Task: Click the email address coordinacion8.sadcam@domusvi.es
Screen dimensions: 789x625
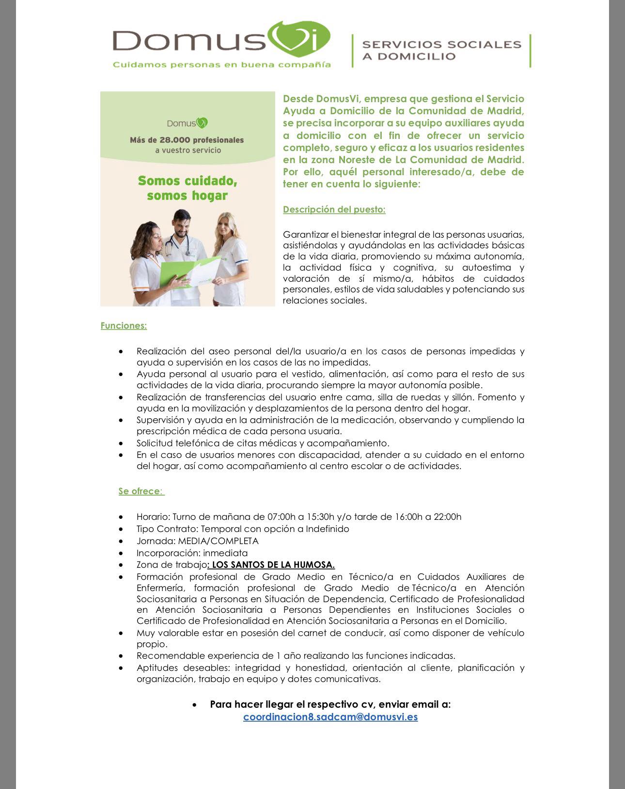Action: pos(330,717)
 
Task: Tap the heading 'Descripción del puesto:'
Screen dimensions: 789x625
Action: pos(334,210)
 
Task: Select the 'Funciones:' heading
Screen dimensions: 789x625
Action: pos(124,326)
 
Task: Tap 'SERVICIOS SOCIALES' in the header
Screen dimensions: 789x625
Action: pos(441,45)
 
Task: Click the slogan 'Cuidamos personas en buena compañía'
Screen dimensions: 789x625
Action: pos(221,65)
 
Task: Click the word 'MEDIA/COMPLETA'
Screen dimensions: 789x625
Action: pos(218,541)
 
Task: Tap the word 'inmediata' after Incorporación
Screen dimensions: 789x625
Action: pos(225,553)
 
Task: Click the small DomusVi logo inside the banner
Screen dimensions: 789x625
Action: pos(187,123)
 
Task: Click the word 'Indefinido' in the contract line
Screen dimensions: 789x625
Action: pos(327,529)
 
